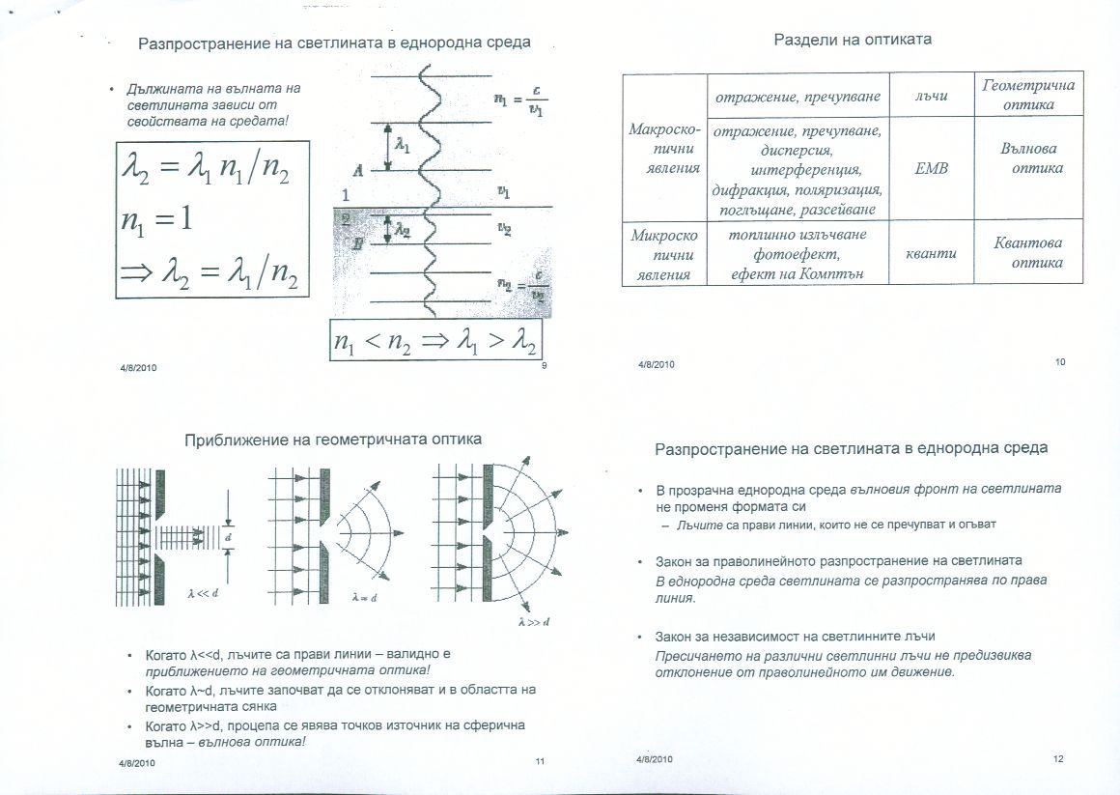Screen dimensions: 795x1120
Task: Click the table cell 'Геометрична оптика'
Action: pyautogui.click(x=1027, y=94)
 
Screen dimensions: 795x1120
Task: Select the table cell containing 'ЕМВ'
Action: pyautogui.click(x=931, y=168)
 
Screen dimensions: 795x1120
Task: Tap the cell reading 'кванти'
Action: pyautogui.click(x=931, y=253)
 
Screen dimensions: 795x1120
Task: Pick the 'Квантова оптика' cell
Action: pyautogui.click(x=1027, y=253)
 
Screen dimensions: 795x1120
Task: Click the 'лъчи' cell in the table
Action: pyautogui.click(x=931, y=95)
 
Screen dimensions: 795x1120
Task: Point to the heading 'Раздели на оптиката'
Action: pyautogui.click(x=853, y=41)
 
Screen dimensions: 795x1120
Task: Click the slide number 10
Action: pyautogui.click(x=1059, y=362)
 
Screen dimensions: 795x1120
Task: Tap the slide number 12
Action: pyautogui.click(x=1058, y=759)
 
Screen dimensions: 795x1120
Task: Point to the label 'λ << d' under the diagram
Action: pyautogui.click(x=203, y=593)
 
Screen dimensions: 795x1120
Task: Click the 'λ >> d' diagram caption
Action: pyautogui.click(x=534, y=622)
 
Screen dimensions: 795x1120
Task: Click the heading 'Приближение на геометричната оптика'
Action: pyautogui.click(x=333, y=440)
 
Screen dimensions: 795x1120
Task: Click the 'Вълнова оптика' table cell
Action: pyautogui.click(x=1027, y=158)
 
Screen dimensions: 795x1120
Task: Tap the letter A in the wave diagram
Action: pyautogui.click(x=357, y=171)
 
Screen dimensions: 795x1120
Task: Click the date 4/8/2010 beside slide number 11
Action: pyautogui.click(x=137, y=762)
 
